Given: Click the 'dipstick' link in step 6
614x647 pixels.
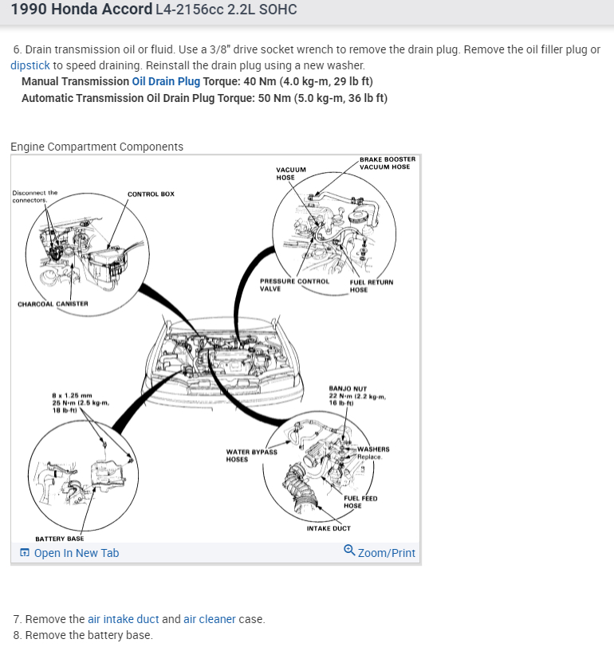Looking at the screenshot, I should coord(30,65).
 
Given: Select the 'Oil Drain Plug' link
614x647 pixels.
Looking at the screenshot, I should coord(166,81).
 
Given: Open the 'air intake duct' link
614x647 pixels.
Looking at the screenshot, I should coord(123,619).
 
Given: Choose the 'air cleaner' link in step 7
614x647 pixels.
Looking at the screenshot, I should coord(210,619).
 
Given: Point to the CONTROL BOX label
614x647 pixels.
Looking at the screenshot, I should coord(151,194).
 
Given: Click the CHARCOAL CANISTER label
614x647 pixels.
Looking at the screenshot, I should coord(53,304).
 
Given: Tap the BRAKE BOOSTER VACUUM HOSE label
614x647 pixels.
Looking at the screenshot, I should coord(387,163).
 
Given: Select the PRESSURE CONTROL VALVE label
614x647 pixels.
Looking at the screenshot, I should coord(293,284).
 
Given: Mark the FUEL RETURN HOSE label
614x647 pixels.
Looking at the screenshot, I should coord(371,285).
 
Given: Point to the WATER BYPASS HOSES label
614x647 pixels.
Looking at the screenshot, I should coord(251,455).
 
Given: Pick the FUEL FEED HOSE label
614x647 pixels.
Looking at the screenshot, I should coord(360,502).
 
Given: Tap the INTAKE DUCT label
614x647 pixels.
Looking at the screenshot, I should coord(329,528).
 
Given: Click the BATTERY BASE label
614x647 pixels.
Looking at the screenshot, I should coord(59,539).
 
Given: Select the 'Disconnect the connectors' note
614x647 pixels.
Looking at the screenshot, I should coord(34,196).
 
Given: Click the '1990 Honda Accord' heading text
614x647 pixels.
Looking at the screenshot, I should coord(81,10).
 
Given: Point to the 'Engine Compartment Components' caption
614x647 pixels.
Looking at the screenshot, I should coord(96,147).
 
